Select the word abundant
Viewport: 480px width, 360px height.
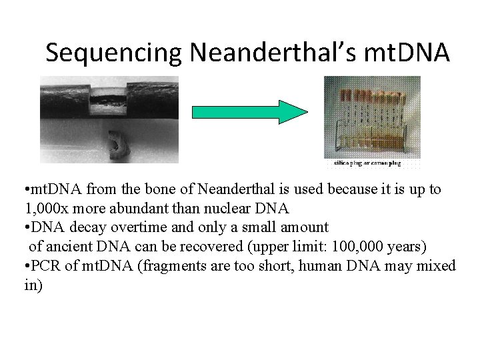coord(149,208)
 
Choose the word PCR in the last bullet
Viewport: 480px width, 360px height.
coord(45,266)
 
